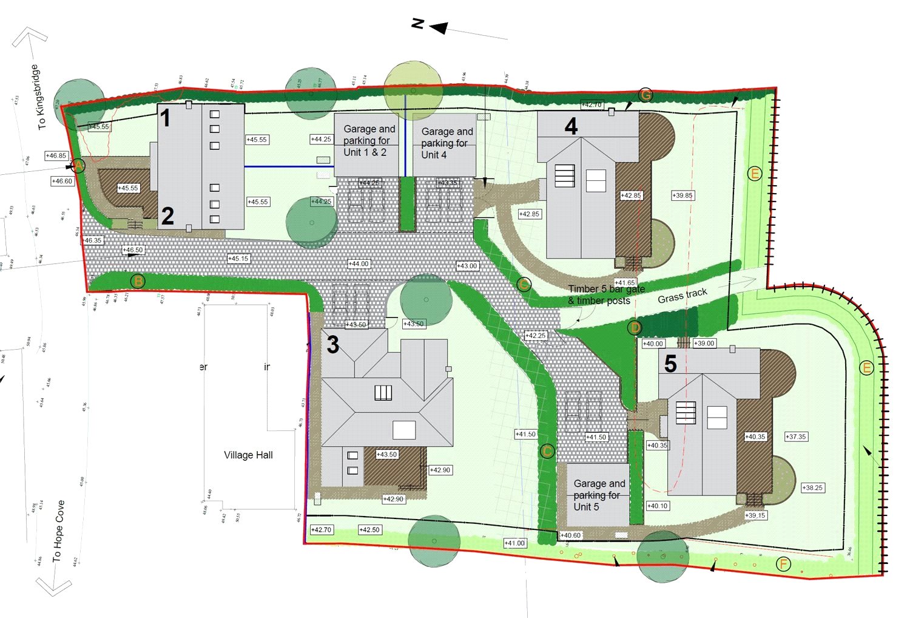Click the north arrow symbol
pos(438,27)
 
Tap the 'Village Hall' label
pos(248,455)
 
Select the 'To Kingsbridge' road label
pos(38,97)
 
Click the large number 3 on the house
pos(332,345)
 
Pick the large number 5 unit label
pos(670,364)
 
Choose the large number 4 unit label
pos(571,126)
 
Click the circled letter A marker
pos(78,165)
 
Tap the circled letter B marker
pos(138,281)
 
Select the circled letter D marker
pos(635,328)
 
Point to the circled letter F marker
pos(783,565)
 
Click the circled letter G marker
pos(645,95)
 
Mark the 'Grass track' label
pos(682,296)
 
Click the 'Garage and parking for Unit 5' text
pos(599,495)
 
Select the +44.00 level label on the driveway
pos(359,264)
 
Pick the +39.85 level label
pos(682,195)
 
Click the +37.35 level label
pos(796,436)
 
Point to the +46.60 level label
pos(62,182)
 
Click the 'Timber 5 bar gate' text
pos(606,290)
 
